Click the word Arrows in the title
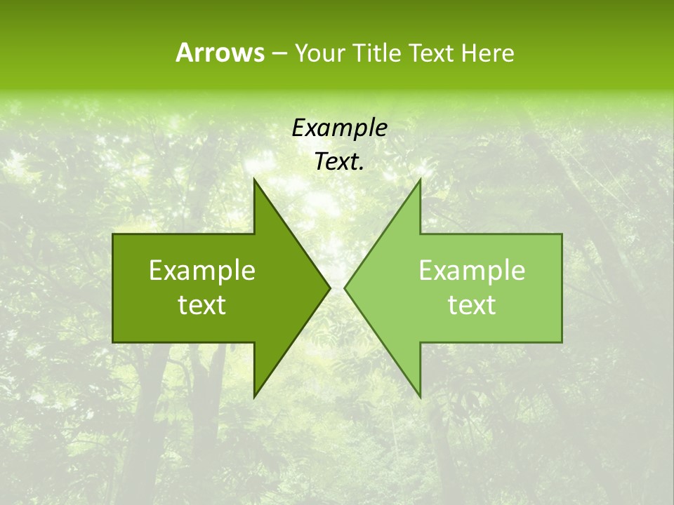220,53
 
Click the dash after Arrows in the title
279,53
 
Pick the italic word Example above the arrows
339,128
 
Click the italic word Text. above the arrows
339,162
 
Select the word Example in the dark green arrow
202,270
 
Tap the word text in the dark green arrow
202,305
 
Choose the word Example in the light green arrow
472,270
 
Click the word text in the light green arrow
472,305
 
